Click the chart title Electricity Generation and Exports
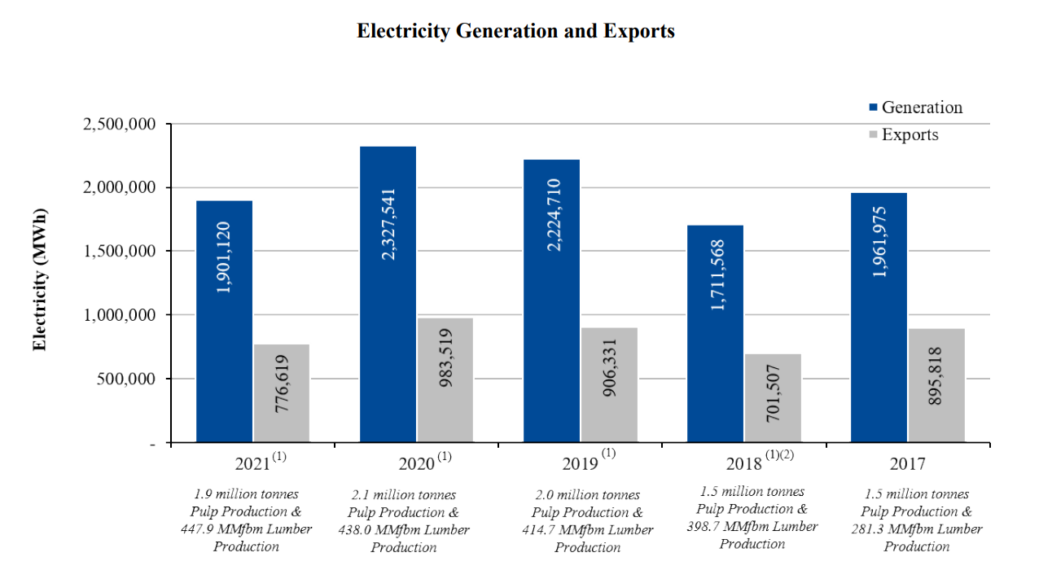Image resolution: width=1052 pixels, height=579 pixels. coord(515,31)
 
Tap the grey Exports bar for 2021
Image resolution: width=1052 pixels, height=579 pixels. coord(282,393)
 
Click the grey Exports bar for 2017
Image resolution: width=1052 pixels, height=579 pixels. coord(936,385)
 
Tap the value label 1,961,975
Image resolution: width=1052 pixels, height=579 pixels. coord(879,242)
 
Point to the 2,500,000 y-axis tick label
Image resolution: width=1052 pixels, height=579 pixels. coord(120,125)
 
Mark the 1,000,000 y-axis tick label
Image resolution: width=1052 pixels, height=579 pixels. coord(120,315)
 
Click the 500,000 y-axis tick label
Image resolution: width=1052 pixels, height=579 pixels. coord(127,379)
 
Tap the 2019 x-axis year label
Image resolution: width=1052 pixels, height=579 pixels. coord(581,464)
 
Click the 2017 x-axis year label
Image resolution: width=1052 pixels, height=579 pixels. coord(908,464)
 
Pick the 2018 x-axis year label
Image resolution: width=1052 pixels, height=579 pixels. coord(744,464)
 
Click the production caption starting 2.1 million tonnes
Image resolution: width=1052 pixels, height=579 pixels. coord(404,520)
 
